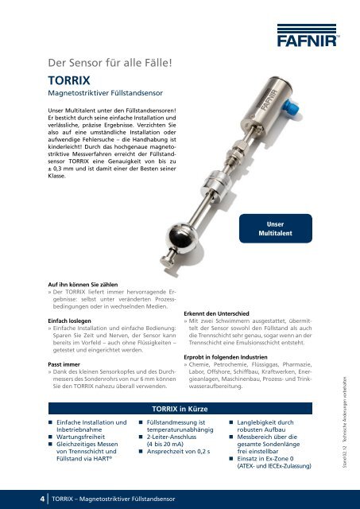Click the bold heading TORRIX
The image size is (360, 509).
(x=70, y=80)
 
